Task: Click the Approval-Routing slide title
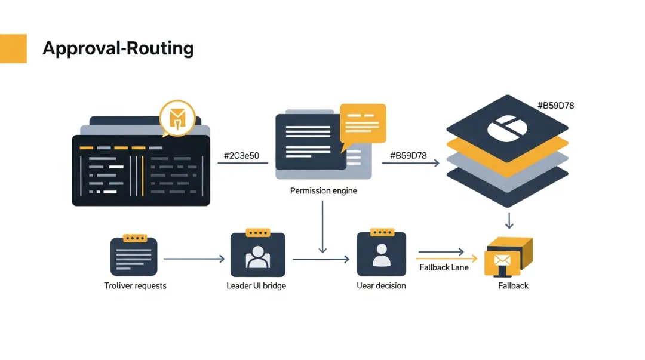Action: pyautogui.click(x=118, y=48)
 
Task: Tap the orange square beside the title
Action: pyautogui.click(x=13, y=48)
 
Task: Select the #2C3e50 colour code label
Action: pyautogui.click(x=241, y=156)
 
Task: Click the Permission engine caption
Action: pyautogui.click(x=323, y=191)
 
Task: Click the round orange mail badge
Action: pyautogui.click(x=178, y=118)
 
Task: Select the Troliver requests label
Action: pyautogui.click(x=135, y=285)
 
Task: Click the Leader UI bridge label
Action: pyautogui.click(x=256, y=285)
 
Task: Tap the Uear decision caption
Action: pyautogui.click(x=381, y=285)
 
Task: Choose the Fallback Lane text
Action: pyautogui.click(x=444, y=267)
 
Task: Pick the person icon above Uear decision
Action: pyautogui.click(x=381, y=254)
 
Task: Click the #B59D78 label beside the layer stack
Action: pyautogui.click(x=555, y=106)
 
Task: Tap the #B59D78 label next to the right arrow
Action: pyautogui.click(x=408, y=156)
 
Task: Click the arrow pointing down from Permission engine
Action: pyautogui.click(x=322, y=227)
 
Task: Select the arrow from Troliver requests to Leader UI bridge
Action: pyautogui.click(x=194, y=259)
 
